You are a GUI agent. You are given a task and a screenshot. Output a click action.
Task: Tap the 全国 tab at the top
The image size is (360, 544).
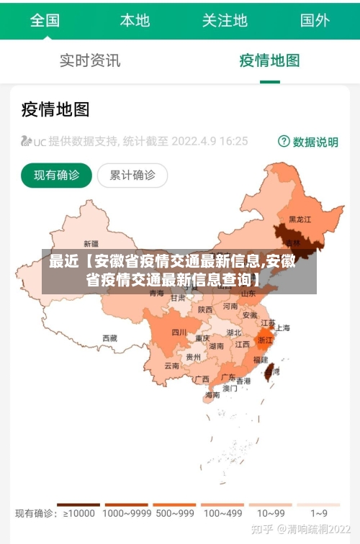(45, 20)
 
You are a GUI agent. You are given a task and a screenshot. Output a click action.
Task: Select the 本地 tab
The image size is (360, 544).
(135, 20)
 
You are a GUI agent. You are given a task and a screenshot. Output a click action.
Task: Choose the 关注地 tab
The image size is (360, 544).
(225, 20)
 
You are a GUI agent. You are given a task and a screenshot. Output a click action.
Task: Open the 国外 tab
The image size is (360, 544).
(315, 20)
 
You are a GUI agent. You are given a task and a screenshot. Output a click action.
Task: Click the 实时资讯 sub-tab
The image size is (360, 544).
(90, 60)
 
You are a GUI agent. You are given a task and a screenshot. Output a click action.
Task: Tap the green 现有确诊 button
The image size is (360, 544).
(57, 175)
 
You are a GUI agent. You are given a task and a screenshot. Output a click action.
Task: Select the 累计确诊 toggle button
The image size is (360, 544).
(132, 175)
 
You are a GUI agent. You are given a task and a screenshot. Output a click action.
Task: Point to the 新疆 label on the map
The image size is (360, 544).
(91, 243)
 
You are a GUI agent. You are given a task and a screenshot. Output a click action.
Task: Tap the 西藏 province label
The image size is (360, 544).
(109, 337)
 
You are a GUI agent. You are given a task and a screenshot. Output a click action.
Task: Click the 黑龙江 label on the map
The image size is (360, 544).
(300, 219)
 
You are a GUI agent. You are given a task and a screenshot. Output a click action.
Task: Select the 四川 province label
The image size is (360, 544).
(179, 332)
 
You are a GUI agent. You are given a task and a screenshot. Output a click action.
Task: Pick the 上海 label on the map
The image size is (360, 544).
(283, 327)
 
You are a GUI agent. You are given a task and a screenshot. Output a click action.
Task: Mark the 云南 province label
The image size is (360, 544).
(172, 366)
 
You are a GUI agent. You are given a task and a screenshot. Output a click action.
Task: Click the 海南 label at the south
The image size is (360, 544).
(212, 395)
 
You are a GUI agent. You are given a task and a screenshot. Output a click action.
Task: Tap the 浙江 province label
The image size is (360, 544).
(266, 340)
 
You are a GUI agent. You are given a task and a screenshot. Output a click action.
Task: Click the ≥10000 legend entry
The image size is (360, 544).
(78, 514)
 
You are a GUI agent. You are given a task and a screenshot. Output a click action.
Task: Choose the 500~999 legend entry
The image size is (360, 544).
(174, 514)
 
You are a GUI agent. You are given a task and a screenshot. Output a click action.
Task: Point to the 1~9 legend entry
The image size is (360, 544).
(319, 514)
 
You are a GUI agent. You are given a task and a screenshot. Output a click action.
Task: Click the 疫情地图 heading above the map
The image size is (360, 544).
(55, 109)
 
